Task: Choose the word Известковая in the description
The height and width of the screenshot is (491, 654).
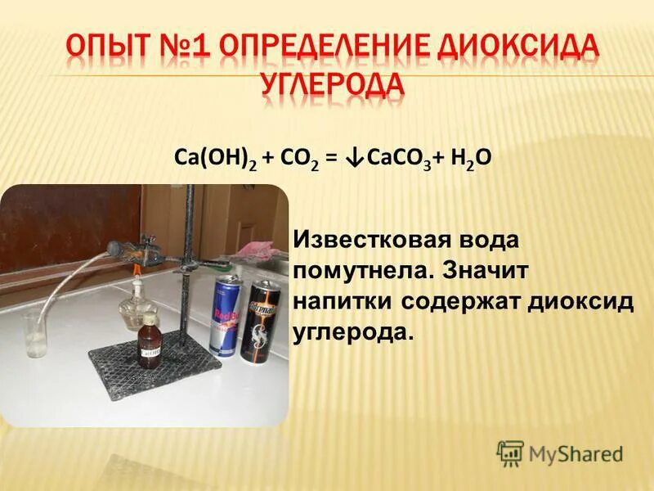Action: tap(372, 241)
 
